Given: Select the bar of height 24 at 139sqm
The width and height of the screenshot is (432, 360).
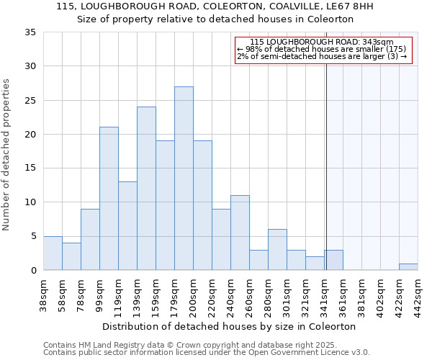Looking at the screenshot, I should [x=146, y=188].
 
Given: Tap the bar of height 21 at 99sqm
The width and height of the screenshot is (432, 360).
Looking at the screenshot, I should [x=109, y=198].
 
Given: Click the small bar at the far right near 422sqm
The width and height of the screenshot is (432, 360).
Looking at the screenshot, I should [x=408, y=266].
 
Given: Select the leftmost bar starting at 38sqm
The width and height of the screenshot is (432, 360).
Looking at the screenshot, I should [x=53, y=253].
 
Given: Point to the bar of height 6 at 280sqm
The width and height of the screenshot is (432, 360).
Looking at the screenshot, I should [x=277, y=249].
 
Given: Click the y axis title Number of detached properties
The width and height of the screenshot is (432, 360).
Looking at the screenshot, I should [x=7, y=156].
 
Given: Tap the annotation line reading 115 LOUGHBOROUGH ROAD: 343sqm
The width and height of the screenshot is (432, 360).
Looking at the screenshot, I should [x=322, y=42].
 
